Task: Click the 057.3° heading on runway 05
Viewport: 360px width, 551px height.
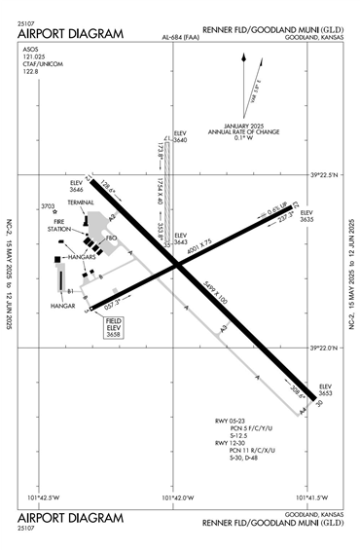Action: click(113, 304)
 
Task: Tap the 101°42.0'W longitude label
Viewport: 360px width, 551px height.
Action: click(174, 497)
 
